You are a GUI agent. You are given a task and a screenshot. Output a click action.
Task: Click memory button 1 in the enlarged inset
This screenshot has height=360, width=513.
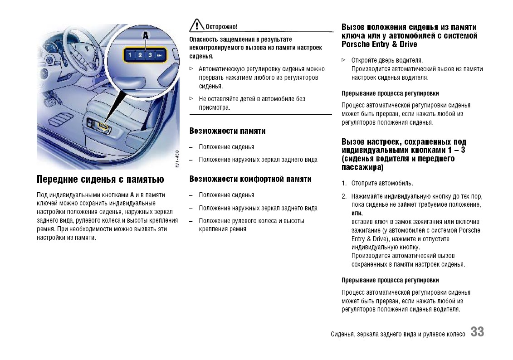(x=130, y=55)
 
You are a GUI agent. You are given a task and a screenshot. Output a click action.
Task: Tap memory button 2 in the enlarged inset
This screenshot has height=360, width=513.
(x=140, y=55)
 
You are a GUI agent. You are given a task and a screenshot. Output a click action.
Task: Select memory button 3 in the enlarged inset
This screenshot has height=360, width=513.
(x=150, y=55)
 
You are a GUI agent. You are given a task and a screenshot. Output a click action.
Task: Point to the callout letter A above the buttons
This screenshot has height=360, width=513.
(x=146, y=35)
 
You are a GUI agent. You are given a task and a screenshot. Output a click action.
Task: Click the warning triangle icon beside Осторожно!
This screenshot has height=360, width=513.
(x=196, y=25)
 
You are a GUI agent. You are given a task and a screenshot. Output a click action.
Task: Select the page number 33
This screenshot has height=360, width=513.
(x=477, y=332)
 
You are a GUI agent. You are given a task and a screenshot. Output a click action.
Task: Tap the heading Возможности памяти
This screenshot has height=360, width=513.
(x=227, y=131)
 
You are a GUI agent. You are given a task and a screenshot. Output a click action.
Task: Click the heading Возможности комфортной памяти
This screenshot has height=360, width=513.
(x=250, y=179)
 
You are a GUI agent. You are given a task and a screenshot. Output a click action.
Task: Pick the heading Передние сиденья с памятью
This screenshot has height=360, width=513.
(x=100, y=180)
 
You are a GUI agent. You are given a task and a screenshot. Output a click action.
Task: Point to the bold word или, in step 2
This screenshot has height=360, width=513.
(x=357, y=213)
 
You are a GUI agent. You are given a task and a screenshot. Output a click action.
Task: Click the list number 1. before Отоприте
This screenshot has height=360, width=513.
(x=344, y=184)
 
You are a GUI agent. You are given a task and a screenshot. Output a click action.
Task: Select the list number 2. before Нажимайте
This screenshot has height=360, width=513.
(x=344, y=196)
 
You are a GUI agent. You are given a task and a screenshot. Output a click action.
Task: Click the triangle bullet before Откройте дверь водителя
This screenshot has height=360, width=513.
(x=343, y=60)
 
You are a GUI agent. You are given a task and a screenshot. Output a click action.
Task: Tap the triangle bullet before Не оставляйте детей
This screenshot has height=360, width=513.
(x=191, y=98)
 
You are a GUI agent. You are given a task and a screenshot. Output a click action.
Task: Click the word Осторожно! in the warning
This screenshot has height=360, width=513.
(x=221, y=27)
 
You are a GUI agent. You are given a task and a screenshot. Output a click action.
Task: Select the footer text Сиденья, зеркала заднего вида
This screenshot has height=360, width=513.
(x=398, y=334)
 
